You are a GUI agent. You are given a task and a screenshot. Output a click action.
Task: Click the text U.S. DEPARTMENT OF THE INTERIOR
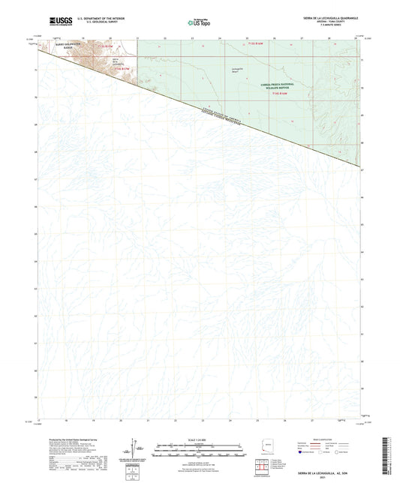pyautogui.click(x=90, y=20)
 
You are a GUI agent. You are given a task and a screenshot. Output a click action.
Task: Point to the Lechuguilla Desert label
pyautogui.click(x=211, y=70)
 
